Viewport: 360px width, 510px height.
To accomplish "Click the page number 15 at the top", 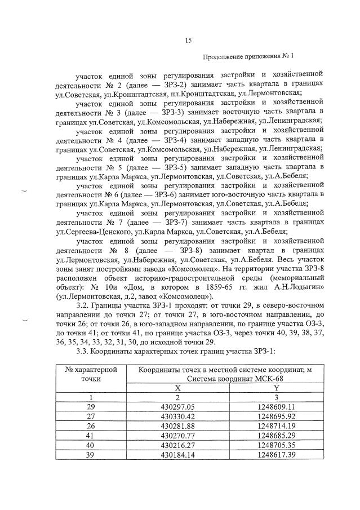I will tap(189, 39).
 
